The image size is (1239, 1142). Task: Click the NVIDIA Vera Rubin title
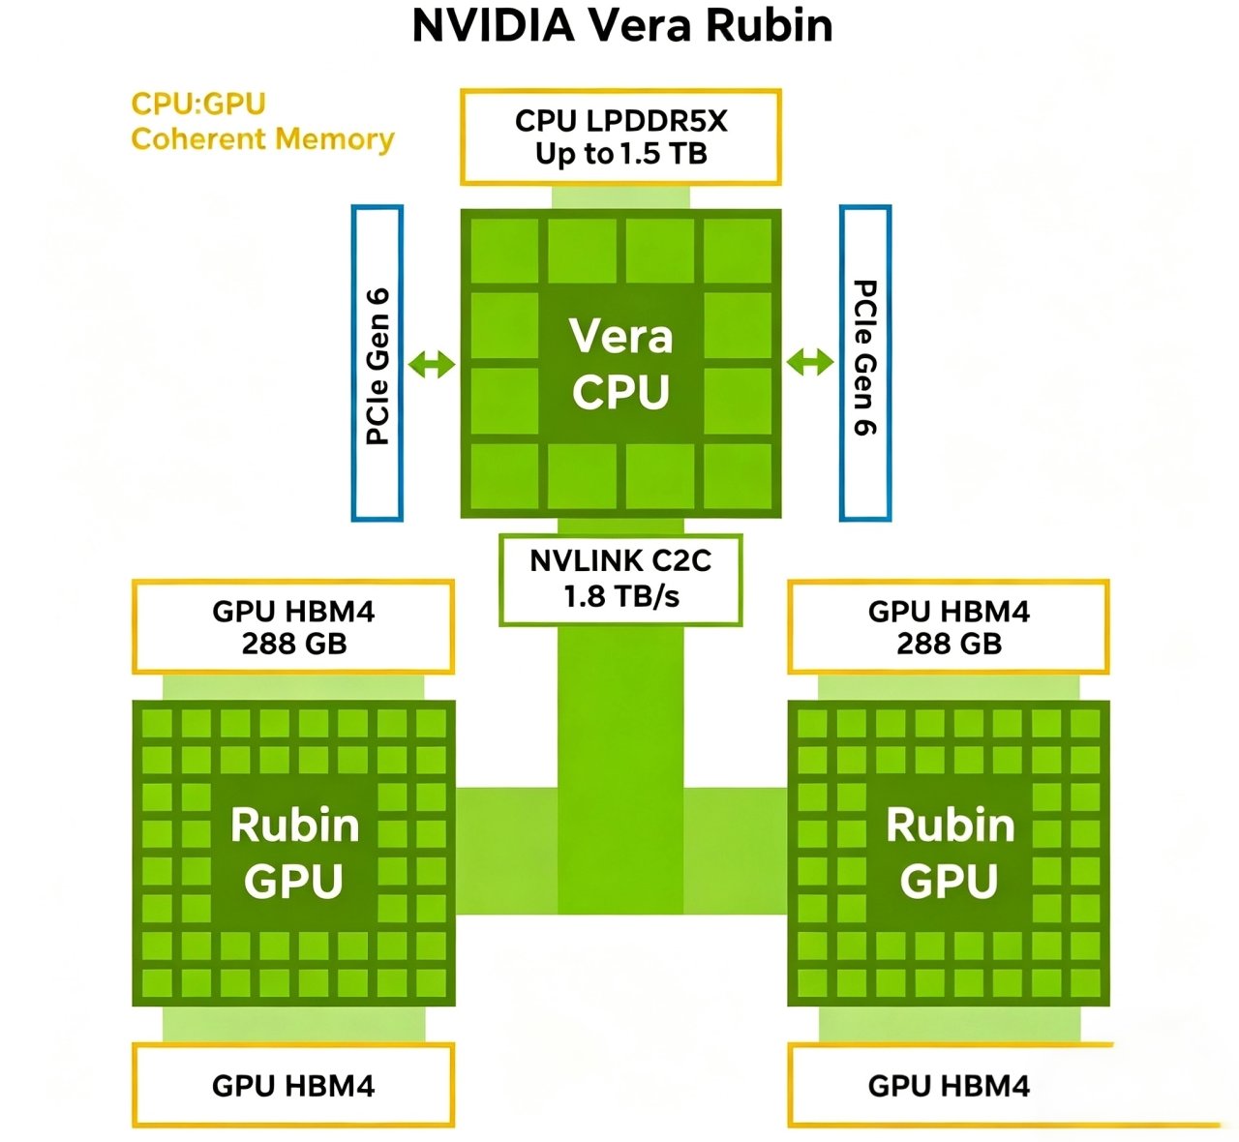(x=622, y=26)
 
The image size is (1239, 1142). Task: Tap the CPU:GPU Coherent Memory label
(x=262, y=122)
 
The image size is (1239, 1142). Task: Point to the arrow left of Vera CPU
(x=432, y=365)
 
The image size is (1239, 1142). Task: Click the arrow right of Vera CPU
(x=810, y=363)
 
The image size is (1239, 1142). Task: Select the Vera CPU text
(x=621, y=364)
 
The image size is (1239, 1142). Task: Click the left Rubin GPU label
(x=294, y=853)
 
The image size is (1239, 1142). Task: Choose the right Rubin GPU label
(x=951, y=853)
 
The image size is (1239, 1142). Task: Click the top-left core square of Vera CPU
(x=504, y=251)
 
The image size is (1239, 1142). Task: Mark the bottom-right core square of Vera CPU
(x=738, y=475)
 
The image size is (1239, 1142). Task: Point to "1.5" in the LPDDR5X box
(x=639, y=154)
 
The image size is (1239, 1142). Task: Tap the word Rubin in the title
(x=770, y=26)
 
